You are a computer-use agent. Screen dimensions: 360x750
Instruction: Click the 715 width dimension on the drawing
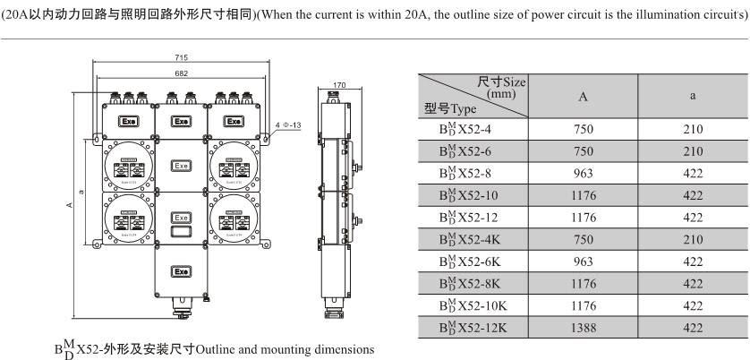tap(182, 57)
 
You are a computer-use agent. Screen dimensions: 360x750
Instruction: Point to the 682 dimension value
tap(182, 73)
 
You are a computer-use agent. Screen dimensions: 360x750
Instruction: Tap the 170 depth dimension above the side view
tap(338, 86)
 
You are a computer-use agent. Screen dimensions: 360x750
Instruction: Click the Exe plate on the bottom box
tap(182, 270)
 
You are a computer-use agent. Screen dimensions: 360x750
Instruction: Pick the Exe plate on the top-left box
tap(129, 121)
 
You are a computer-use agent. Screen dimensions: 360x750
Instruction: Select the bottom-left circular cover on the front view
tap(129, 218)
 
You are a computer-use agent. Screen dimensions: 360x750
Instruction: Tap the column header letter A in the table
tap(583, 97)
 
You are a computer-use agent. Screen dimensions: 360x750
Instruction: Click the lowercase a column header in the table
tap(693, 97)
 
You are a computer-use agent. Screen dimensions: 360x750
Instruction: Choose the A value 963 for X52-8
tap(583, 174)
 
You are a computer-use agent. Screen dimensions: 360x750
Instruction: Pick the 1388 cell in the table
tap(583, 328)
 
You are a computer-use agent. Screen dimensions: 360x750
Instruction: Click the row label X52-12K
tap(474, 328)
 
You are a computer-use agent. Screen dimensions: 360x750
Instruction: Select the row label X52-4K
tap(471, 240)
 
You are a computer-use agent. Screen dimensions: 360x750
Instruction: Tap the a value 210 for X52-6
tap(693, 152)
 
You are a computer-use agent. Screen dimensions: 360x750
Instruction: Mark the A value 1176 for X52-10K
tap(583, 305)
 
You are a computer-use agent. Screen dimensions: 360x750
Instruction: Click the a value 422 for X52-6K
tap(693, 261)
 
